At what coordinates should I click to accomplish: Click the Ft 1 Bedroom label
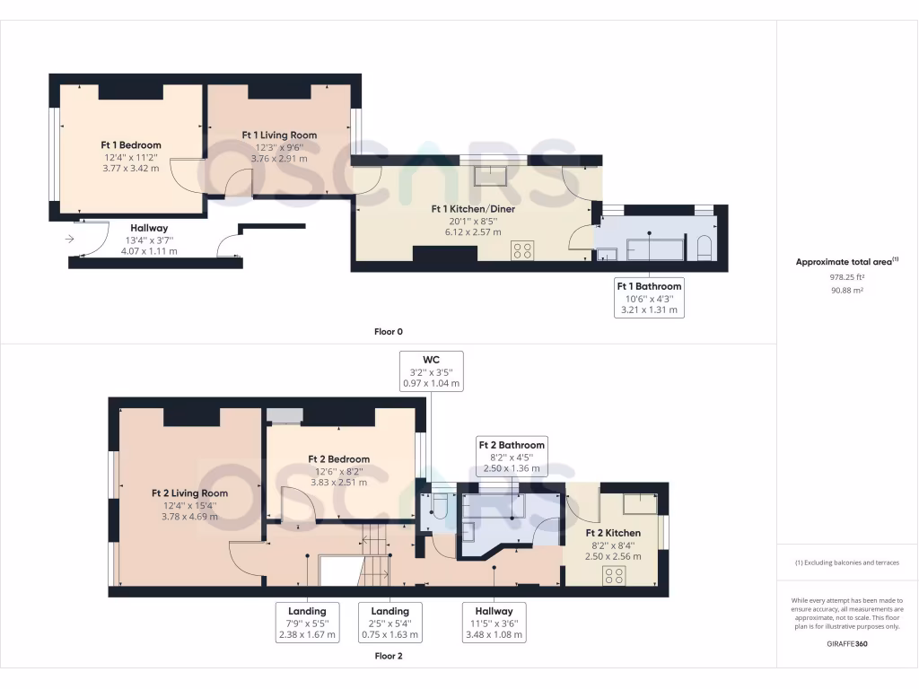tap(130, 144)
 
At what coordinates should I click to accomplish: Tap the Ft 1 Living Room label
tap(279, 135)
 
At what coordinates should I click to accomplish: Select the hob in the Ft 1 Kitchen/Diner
tap(522, 251)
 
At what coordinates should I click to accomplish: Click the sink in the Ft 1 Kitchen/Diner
tap(490, 175)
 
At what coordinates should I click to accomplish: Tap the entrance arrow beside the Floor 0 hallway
tap(71, 239)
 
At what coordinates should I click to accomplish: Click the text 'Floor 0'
tap(388, 332)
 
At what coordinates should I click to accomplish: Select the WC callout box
tap(431, 371)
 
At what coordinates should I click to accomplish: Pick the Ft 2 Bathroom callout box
tap(511, 456)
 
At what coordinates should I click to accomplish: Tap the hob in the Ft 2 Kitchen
tap(615, 574)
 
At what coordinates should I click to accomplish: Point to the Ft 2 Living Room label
tap(188, 493)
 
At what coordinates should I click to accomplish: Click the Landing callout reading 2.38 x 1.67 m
tap(307, 623)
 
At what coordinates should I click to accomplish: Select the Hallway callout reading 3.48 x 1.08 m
tap(494, 623)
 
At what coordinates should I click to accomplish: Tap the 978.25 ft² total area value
tap(846, 278)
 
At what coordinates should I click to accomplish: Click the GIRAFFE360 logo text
tap(847, 643)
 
